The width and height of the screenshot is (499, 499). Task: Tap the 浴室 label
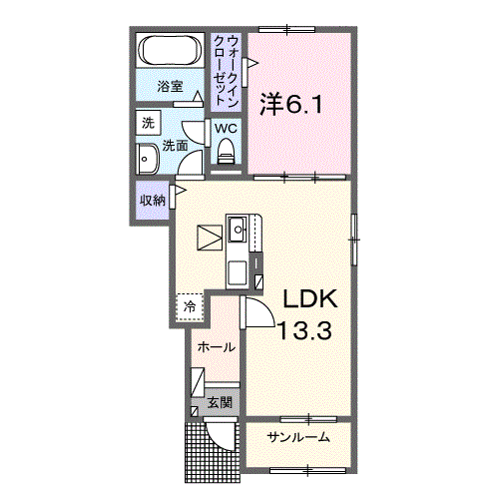(x=170, y=87)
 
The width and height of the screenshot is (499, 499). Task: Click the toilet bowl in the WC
(x=225, y=151)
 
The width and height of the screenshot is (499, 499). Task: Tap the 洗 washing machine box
(x=148, y=124)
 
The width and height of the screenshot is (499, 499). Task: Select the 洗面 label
(x=176, y=145)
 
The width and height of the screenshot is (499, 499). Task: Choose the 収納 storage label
(x=152, y=200)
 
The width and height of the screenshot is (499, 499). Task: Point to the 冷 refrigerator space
(x=189, y=306)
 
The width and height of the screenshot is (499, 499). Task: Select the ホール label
(x=217, y=347)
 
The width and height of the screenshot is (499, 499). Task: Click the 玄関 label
(x=220, y=403)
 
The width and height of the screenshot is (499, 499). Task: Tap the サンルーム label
(x=297, y=437)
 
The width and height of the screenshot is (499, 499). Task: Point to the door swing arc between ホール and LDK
(x=257, y=313)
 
